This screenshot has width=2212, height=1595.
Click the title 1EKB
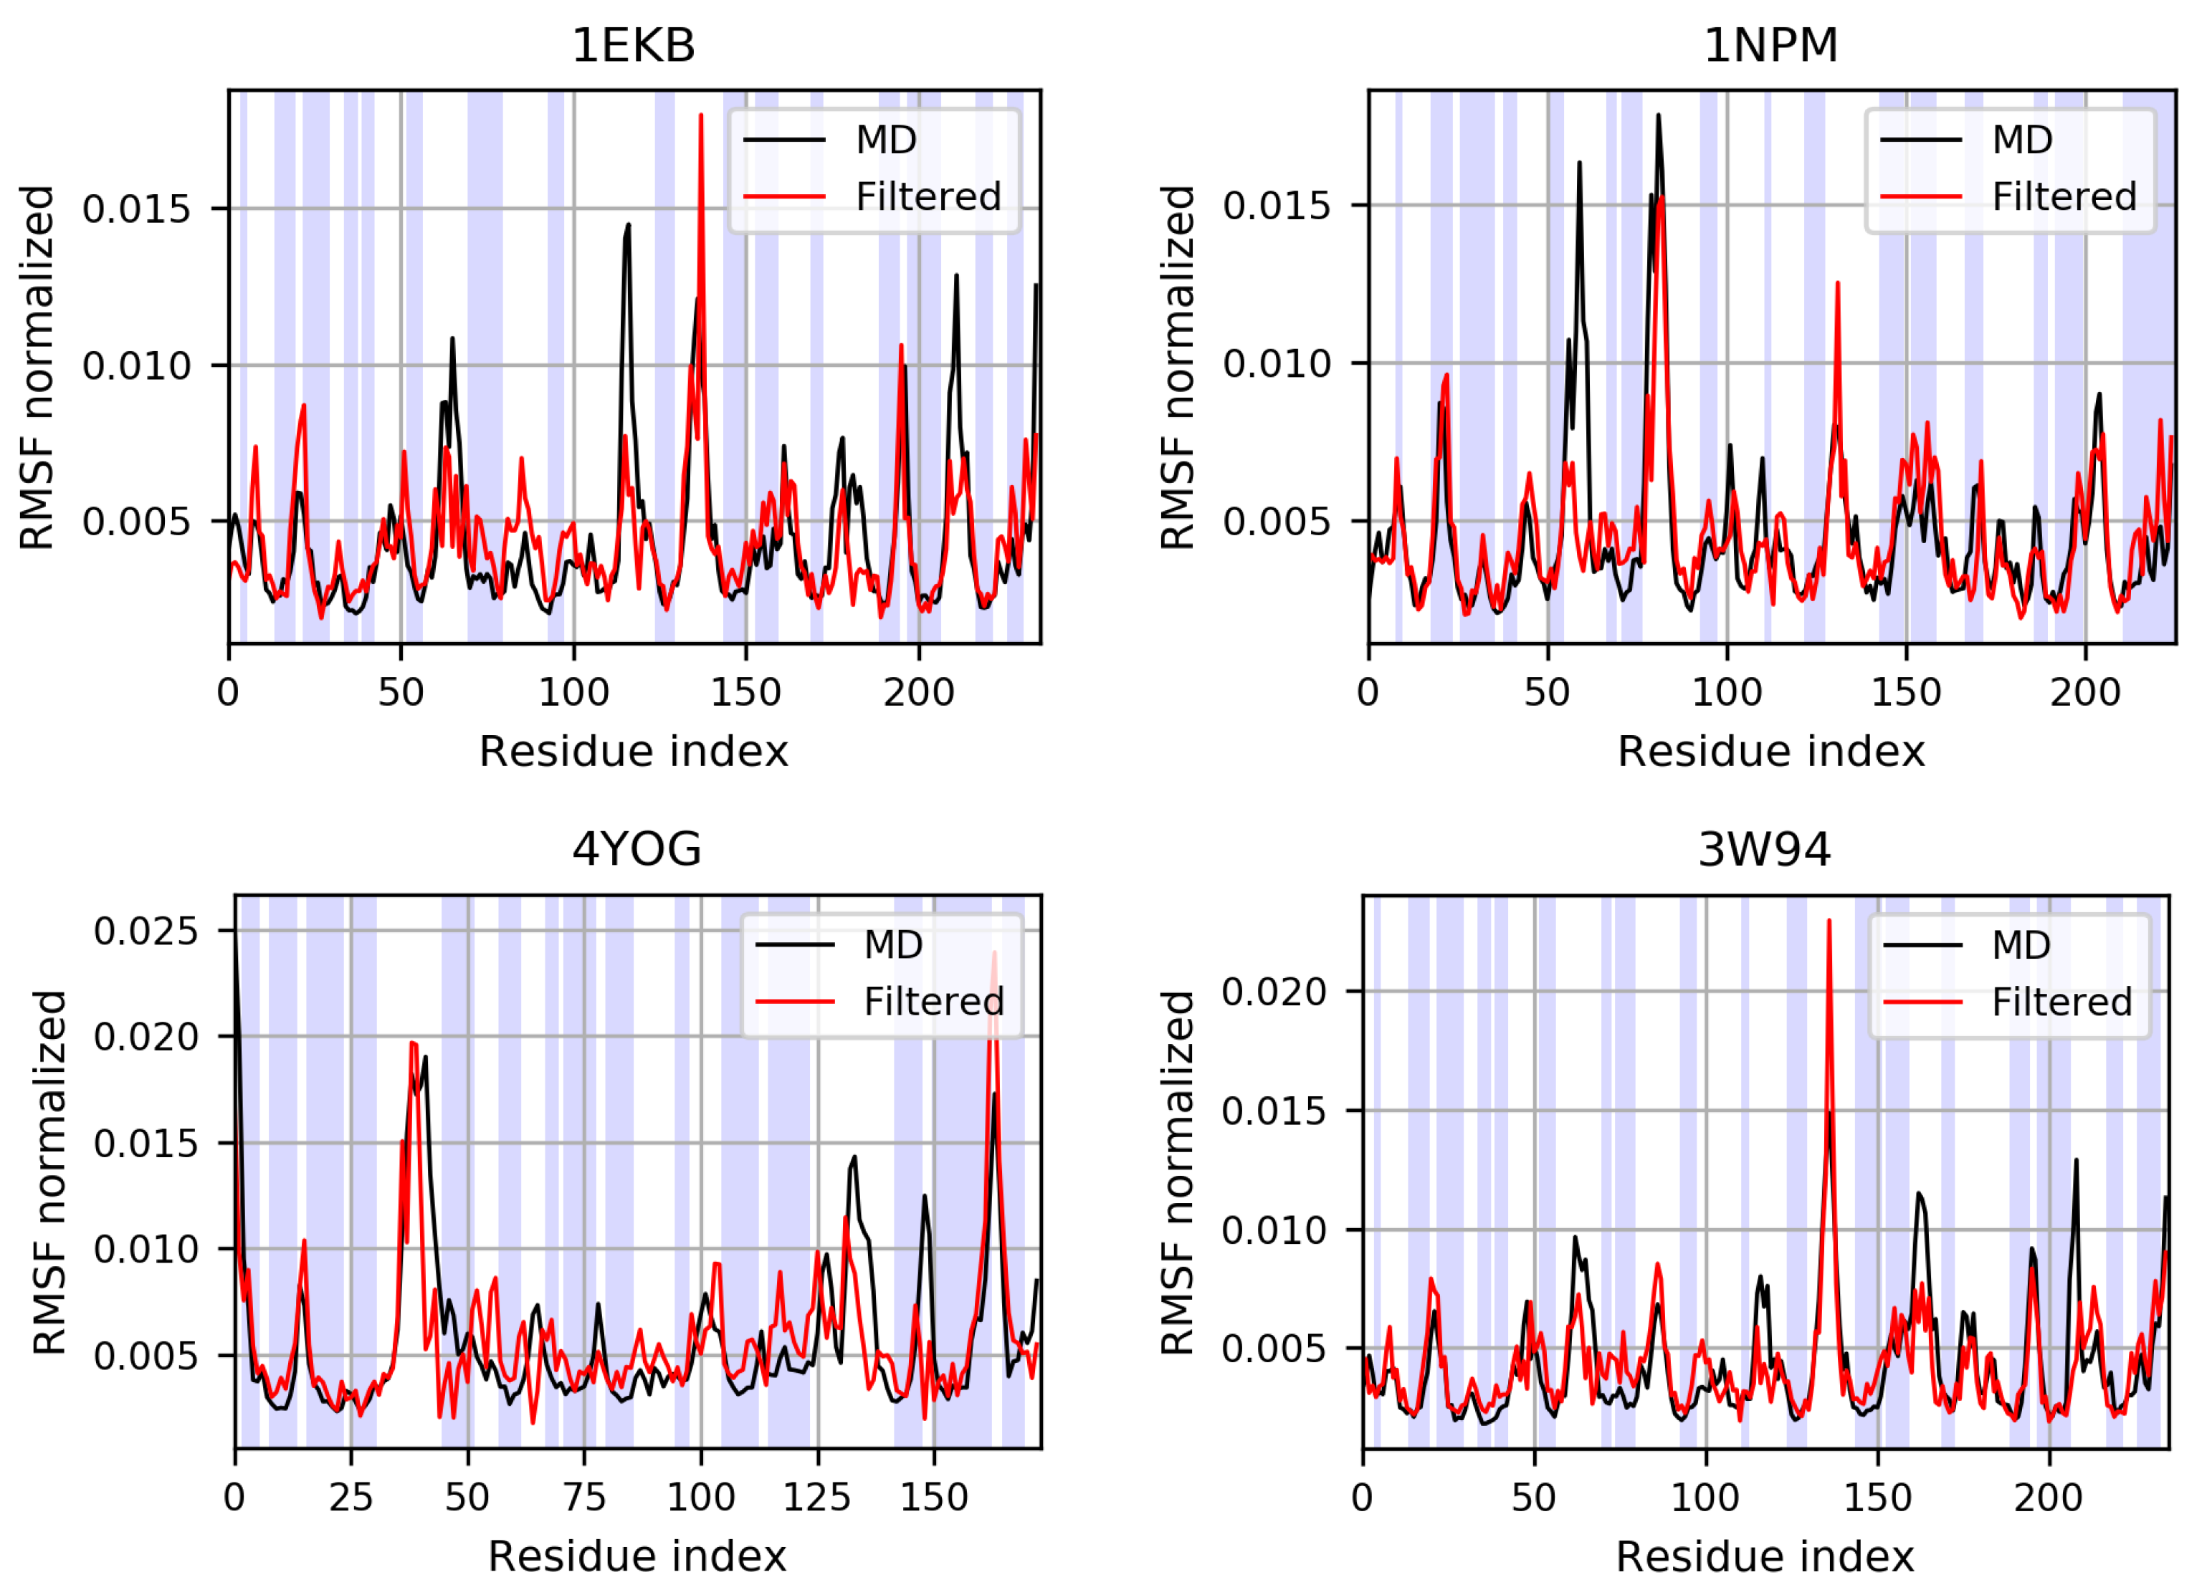[633, 46]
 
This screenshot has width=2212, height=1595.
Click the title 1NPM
[1770, 46]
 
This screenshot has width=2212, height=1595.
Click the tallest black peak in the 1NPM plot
[1658, 117]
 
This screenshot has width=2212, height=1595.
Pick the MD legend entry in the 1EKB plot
[885, 140]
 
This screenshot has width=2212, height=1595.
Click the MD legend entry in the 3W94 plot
[2020, 944]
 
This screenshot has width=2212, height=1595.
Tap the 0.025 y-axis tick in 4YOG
[146, 931]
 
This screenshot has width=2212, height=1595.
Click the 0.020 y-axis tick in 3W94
[1274, 992]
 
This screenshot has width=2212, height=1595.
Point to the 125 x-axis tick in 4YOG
[816, 1497]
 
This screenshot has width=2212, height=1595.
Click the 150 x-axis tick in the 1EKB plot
[746, 692]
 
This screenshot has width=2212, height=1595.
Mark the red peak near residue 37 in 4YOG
[414, 1044]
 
